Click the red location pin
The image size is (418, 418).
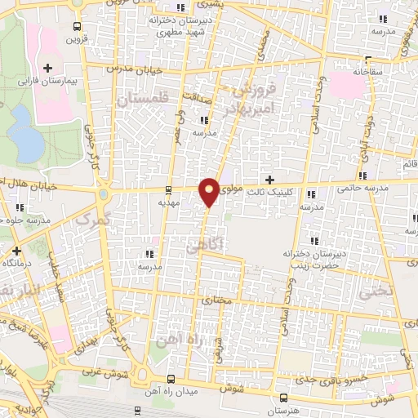(209, 191)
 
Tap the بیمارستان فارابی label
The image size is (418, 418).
(48, 82)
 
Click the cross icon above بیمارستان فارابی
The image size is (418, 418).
(48, 68)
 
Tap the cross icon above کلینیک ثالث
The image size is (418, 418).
(270, 179)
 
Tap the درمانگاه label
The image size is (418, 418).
(16, 263)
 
